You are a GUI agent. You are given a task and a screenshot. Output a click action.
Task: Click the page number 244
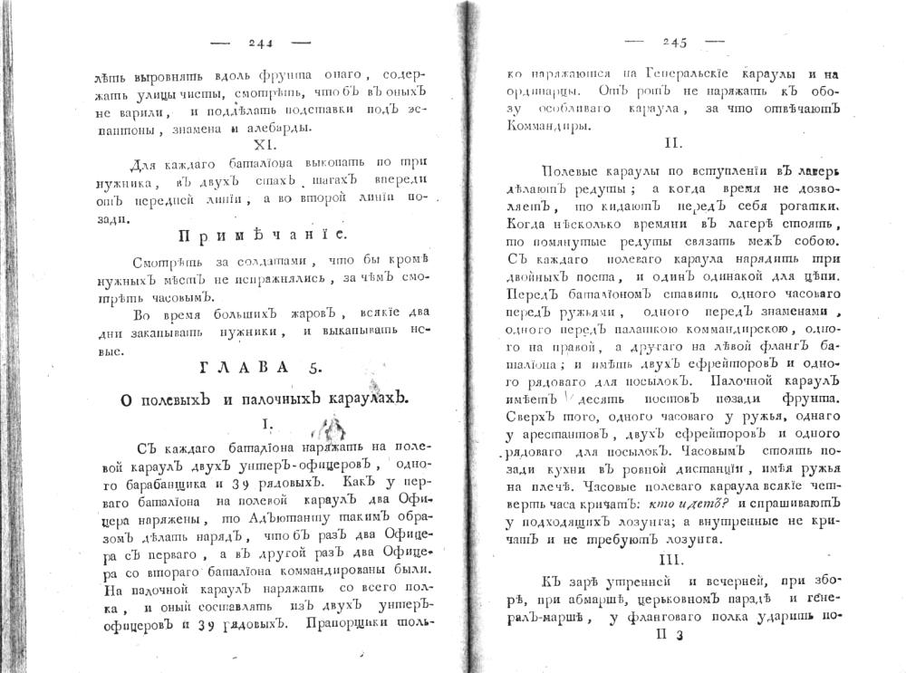259,42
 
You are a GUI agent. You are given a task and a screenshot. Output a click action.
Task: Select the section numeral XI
260,145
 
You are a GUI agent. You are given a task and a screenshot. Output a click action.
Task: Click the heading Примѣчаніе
261,237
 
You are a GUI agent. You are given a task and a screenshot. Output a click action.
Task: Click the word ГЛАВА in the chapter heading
242,367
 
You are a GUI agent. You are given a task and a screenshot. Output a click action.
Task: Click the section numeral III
671,559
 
